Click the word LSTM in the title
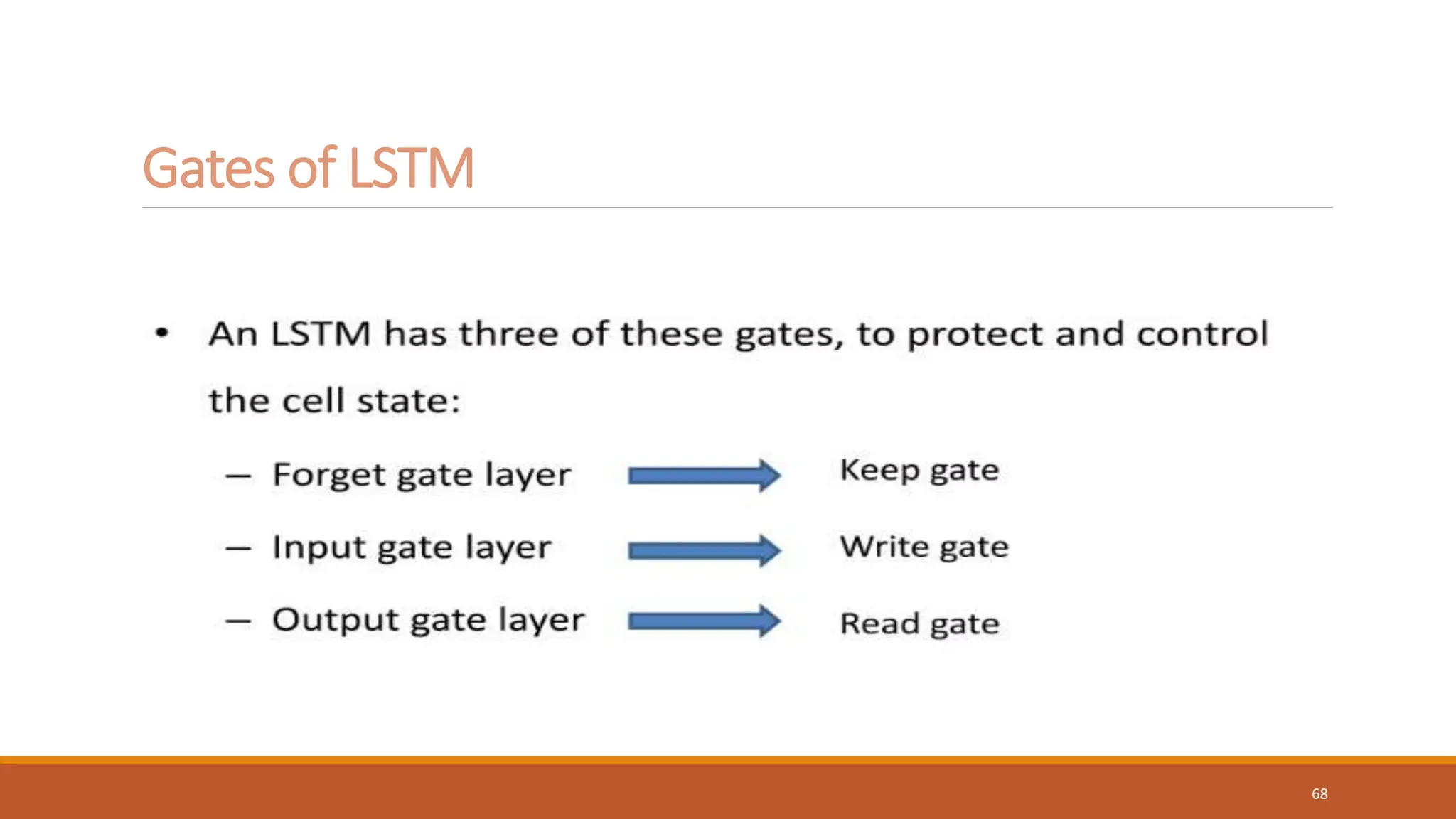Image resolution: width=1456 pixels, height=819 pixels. pyautogui.click(x=411, y=168)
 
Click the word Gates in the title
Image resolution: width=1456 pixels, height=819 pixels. pyautogui.click(x=208, y=168)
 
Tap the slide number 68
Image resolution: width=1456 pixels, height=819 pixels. pyautogui.click(x=1319, y=794)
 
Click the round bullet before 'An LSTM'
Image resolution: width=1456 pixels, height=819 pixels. pyautogui.click(x=162, y=332)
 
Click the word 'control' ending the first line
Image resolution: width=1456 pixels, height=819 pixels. pyautogui.click(x=1201, y=333)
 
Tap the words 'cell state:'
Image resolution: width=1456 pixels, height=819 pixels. pyautogui.click(x=371, y=401)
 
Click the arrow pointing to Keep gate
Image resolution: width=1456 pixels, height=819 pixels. pyautogui.click(x=704, y=475)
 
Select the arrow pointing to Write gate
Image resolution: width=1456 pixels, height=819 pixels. pyautogui.click(x=704, y=550)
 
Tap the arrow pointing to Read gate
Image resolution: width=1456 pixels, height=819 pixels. pyautogui.click(x=704, y=621)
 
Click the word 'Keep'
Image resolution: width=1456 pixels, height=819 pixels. pyautogui.click(x=879, y=471)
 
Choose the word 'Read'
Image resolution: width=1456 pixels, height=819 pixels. pyautogui.click(x=879, y=623)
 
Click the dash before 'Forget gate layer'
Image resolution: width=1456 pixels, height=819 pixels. pyautogui.click(x=238, y=476)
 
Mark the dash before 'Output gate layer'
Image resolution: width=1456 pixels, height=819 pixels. pyautogui.click(x=238, y=621)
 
